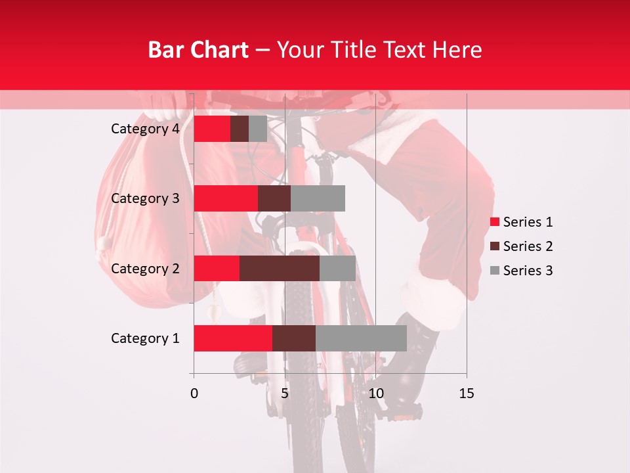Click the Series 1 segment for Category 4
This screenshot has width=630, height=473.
pyautogui.click(x=212, y=129)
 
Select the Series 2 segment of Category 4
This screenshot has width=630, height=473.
pyautogui.click(x=240, y=129)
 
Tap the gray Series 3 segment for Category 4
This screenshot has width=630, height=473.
pyautogui.click(x=258, y=129)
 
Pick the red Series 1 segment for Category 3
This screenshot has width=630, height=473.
pyautogui.click(x=226, y=198)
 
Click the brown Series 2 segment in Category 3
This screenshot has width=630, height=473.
pyautogui.click(x=274, y=198)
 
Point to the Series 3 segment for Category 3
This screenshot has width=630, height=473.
pyautogui.click(x=318, y=198)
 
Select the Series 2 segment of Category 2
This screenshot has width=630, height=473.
pyautogui.click(x=280, y=268)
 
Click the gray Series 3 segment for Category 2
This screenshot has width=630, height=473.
pyautogui.click(x=337, y=268)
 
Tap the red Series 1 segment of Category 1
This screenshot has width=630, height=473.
pyautogui.click(x=233, y=338)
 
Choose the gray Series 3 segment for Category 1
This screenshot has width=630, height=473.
pyautogui.click(x=361, y=338)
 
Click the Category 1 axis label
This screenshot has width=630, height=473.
pyautogui.click(x=145, y=338)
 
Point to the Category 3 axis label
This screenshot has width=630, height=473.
pyautogui.click(x=145, y=198)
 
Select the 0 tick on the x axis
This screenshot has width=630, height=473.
pyautogui.click(x=194, y=394)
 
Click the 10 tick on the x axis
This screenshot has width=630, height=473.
pyautogui.click(x=375, y=394)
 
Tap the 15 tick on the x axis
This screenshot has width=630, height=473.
pyautogui.click(x=466, y=394)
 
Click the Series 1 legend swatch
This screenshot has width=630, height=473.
pyautogui.click(x=495, y=222)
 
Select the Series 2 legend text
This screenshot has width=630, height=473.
pyautogui.click(x=528, y=246)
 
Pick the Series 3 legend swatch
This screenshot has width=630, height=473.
pyautogui.click(x=495, y=271)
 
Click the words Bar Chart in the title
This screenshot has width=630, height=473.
pyautogui.click(x=198, y=49)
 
